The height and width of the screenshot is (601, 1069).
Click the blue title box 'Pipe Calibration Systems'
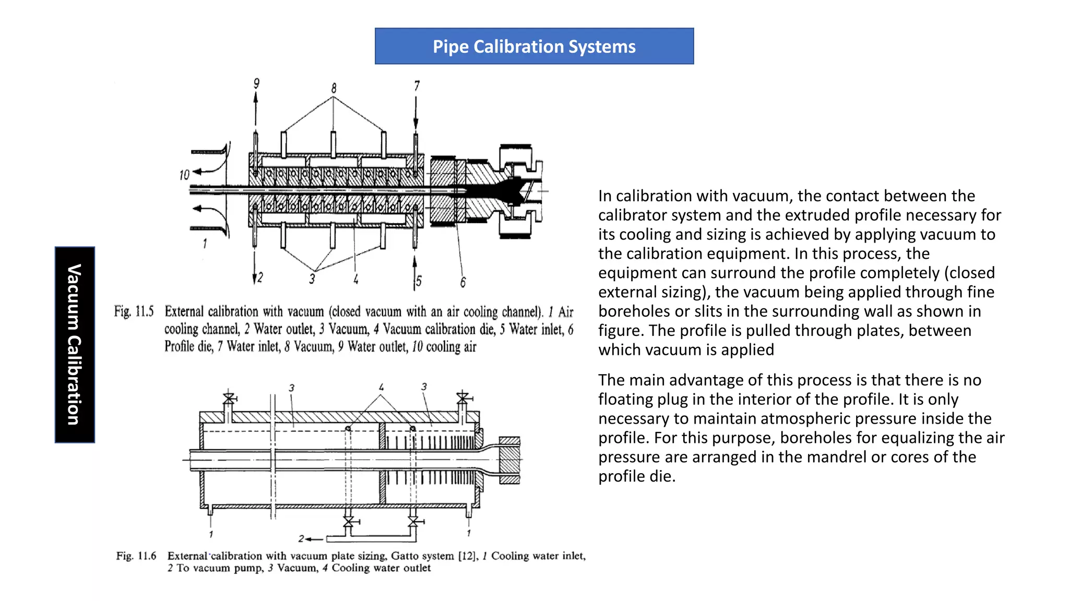534,46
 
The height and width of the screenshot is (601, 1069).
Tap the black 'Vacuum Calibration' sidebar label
75,344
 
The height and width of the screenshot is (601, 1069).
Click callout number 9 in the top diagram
256,83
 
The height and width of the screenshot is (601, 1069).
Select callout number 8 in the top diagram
334,88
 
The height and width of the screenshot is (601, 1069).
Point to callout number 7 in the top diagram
417,86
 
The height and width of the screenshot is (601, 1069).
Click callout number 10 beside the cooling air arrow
184,175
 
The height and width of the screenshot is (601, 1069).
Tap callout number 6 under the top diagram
462,282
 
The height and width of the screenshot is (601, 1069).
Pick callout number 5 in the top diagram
419,281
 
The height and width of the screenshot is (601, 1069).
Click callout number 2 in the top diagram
260,277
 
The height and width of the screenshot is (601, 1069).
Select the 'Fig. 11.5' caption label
134,311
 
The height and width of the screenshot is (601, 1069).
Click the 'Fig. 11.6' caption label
136,556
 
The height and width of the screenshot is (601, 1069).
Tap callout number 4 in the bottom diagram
381,387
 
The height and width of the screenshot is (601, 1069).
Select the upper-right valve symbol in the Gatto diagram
462,398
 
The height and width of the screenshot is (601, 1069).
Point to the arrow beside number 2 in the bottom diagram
315,539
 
